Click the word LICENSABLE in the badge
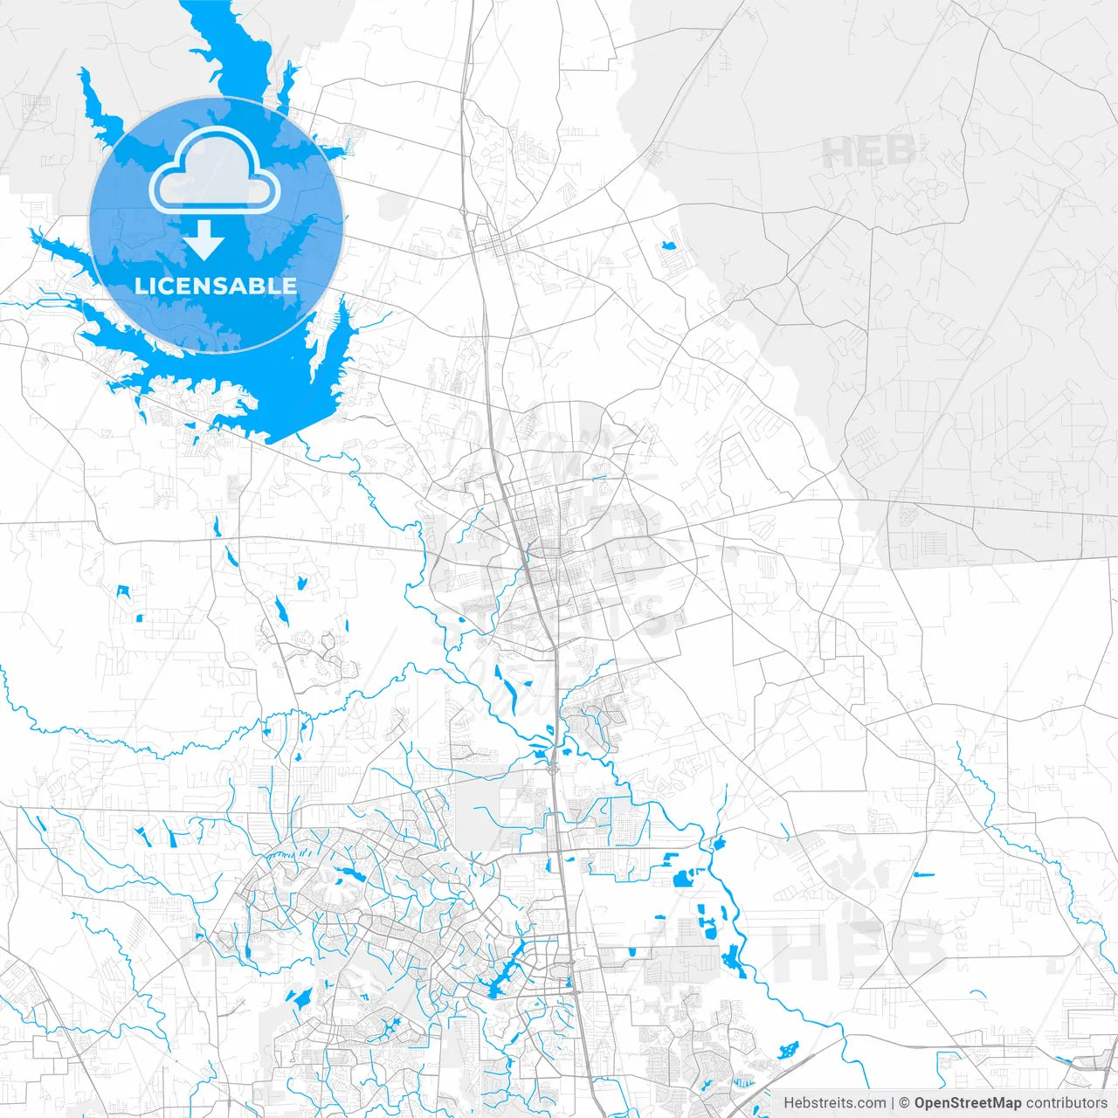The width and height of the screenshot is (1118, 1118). pos(215,286)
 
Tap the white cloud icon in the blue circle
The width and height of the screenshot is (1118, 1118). pos(215,172)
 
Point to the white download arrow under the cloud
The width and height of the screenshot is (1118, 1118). pos(205,240)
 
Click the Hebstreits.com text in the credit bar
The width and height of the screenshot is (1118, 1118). pos(833,1103)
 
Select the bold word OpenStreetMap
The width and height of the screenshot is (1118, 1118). pos(968,1103)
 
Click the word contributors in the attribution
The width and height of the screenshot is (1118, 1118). pos(1066,1103)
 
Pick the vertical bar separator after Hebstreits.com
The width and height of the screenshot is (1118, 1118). pos(892,1103)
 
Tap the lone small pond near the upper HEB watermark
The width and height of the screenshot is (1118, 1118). pos(669,245)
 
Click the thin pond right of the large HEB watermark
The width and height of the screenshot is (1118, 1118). pos(923,873)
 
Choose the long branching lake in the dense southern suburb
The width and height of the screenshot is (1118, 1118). pos(507,974)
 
